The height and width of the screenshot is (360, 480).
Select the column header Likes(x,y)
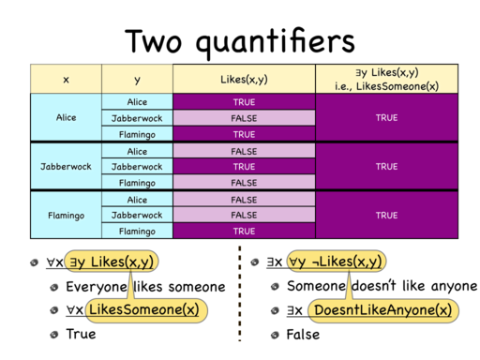(x=244, y=79)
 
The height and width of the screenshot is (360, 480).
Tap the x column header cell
(x=66, y=79)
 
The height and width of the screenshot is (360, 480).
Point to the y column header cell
(x=137, y=79)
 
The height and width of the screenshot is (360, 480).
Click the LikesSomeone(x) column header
(x=387, y=79)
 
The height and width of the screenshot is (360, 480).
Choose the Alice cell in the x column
(x=66, y=117)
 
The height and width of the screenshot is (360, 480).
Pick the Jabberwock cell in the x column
(x=66, y=166)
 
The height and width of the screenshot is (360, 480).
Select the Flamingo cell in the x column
(x=66, y=216)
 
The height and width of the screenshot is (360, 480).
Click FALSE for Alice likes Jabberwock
(x=244, y=118)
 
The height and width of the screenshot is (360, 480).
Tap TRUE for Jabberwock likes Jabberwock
(x=244, y=167)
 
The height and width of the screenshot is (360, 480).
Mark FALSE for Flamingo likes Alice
(x=244, y=200)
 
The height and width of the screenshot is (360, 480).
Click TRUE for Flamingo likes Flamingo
(x=244, y=231)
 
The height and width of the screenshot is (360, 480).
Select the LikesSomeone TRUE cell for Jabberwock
(x=387, y=166)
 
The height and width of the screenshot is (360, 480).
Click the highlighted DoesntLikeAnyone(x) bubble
(x=383, y=310)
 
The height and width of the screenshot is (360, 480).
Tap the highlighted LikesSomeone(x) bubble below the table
(x=146, y=310)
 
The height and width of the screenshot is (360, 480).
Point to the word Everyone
(x=97, y=287)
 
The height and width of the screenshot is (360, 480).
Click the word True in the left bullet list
(x=81, y=334)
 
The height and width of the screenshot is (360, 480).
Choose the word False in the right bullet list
(x=303, y=335)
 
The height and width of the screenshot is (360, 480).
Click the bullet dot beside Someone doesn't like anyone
(x=275, y=286)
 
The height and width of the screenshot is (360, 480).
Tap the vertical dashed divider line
(x=240, y=293)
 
